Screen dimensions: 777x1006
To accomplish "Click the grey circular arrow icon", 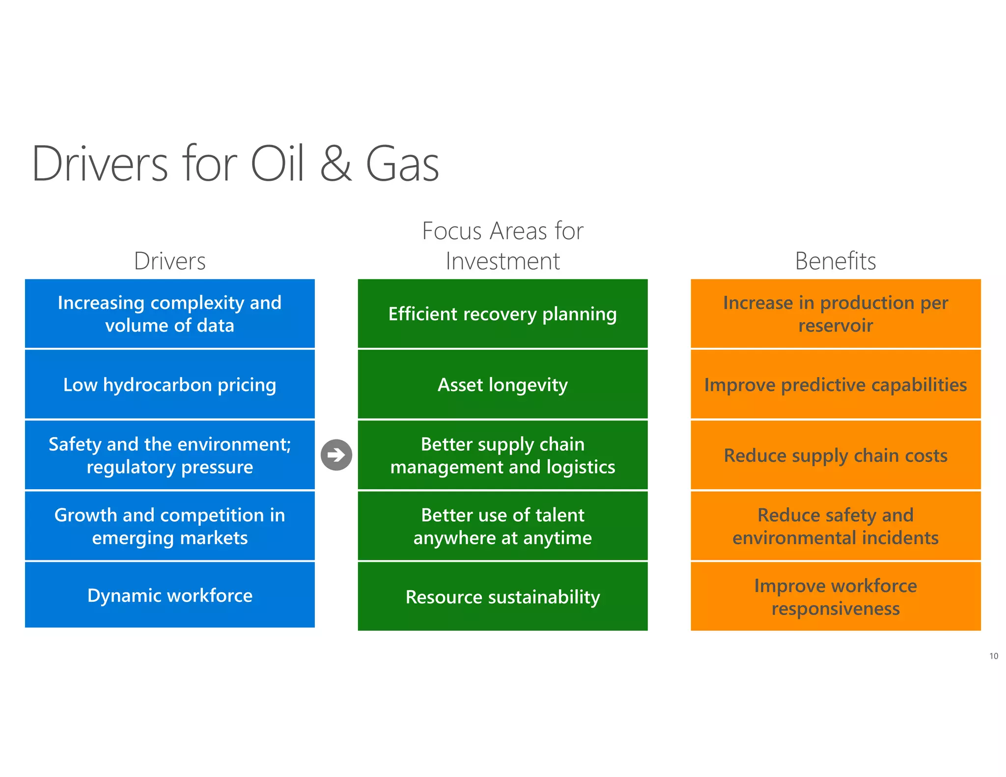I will [x=336, y=455].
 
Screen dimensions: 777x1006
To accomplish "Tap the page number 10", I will [x=993, y=656].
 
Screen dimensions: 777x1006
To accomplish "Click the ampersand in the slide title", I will [x=336, y=164].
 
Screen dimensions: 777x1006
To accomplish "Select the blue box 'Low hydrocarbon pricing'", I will [x=169, y=385].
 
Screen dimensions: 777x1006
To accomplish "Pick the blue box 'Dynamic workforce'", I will [x=169, y=595].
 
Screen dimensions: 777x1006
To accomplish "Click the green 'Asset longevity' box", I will [x=503, y=385].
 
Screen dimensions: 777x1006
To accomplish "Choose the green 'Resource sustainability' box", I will [x=503, y=597].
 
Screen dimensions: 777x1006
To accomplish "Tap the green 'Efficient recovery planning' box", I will [x=503, y=314].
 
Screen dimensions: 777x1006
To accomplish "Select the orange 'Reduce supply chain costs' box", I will [x=835, y=455].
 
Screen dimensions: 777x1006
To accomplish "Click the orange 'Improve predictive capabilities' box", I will [x=835, y=385].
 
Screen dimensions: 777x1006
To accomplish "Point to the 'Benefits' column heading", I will [x=835, y=261].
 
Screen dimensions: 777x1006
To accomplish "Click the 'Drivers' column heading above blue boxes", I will [x=169, y=261].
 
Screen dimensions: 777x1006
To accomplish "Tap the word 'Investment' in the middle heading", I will [x=503, y=261].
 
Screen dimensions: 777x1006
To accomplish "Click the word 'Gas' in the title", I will [x=402, y=164].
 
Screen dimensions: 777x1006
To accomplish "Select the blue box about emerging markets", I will [x=169, y=526].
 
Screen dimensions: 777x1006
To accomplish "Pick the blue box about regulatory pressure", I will [x=169, y=455].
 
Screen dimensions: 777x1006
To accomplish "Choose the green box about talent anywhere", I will [x=503, y=526].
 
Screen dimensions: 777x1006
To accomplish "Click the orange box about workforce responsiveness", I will [x=835, y=597].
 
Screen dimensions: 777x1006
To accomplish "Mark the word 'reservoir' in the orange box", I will [x=835, y=326].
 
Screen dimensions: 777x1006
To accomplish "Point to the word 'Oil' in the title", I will [x=278, y=164].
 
